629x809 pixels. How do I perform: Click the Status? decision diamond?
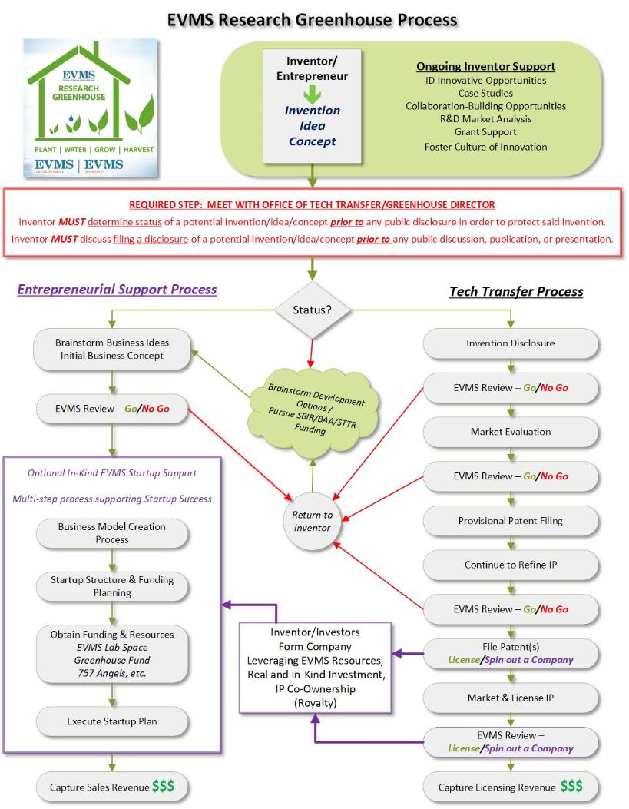(x=313, y=310)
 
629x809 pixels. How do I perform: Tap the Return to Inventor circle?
(x=313, y=520)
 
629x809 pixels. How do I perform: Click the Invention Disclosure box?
(x=511, y=343)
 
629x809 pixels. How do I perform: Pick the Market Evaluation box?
(x=511, y=432)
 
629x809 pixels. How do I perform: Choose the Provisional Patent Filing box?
(x=511, y=520)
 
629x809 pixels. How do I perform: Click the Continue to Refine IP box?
(x=511, y=565)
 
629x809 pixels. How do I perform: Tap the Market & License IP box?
(x=511, y=698)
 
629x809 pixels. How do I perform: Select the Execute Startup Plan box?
(x=112, y=721)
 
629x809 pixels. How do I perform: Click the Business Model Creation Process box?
(x=112, y=532)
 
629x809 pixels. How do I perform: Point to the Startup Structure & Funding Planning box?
(x=112, y=586)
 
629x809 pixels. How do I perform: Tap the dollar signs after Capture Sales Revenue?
(x=163, y=786)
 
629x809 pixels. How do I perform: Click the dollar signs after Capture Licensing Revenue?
(x=571, y=786)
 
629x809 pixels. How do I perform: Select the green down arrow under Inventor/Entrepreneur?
(x=312, y=94)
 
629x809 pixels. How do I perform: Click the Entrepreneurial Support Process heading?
(x=117, y=290)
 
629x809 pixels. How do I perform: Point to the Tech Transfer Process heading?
(x=515, y=291)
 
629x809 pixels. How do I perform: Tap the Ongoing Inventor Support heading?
(x=485, y=67)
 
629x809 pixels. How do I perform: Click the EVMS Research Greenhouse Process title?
(x=313, y=19)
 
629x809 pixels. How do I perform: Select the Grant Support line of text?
(x=485, y=132)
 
